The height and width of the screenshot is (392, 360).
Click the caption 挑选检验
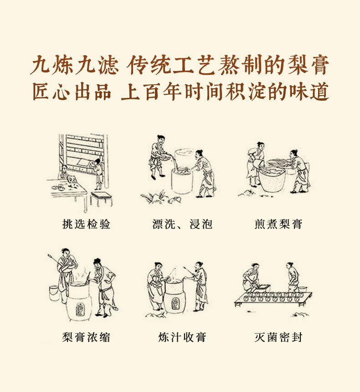(86, 224)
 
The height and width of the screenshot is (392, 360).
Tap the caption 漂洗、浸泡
(182, 224)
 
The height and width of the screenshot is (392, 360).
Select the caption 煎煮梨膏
(278, 224)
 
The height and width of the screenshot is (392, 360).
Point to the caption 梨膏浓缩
(86, 337)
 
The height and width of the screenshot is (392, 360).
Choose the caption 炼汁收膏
(182, 337)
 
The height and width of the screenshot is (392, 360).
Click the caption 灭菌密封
(278, 337)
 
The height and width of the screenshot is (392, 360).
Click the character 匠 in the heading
(41, 92)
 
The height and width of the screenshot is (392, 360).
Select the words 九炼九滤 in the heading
(74, 65)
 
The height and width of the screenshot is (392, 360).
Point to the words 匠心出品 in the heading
(72, 92)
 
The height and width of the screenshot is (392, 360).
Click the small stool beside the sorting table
(101, 199)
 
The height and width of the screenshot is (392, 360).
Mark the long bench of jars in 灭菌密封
(273, 298)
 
